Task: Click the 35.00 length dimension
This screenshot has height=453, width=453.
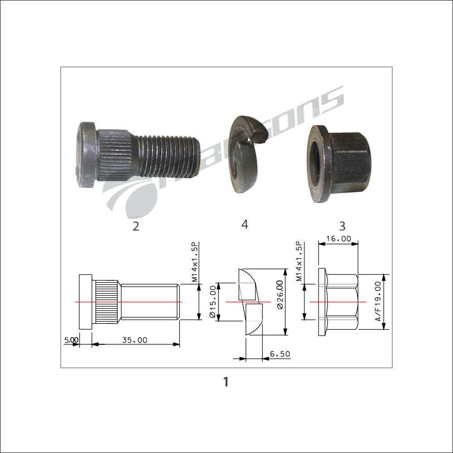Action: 135,340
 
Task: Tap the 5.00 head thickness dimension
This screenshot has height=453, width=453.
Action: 71,340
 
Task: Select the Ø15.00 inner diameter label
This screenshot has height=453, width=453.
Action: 212,302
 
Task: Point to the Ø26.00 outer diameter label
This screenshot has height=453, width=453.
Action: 280,295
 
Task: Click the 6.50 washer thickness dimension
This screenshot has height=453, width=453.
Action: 280,354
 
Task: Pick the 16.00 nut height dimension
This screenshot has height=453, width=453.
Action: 338,239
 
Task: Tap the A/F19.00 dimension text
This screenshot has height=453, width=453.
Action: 378,302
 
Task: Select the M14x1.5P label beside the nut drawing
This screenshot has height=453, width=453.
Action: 299,262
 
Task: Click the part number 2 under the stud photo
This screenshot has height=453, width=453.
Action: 136,226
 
